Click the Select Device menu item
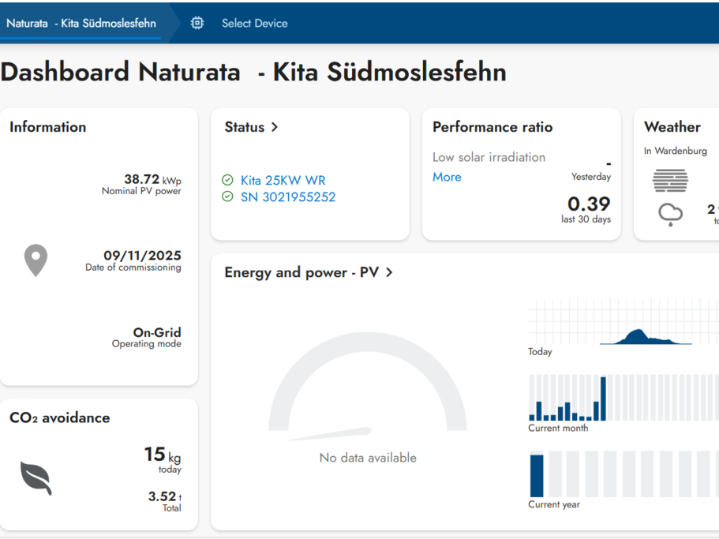(x=254, y=24)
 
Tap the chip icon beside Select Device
(x=197, y=23)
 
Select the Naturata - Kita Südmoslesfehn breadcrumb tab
(x=81, y=24)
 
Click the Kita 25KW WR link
(x=283, y=180)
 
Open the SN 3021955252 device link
(x=288, y=197)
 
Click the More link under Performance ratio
(x=447, y=177)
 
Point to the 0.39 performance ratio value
(x=589, y=204)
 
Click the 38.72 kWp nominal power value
(x=152, y=179)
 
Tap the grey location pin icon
(x=36, y=260)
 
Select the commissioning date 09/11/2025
(x=142, y=255)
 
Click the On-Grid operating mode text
(x=157, y=332)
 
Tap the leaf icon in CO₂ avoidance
(x=36, y=478)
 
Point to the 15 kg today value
(x=163, y=455)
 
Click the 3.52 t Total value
(x=165, y=496)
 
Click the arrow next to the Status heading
(x=275, y=127)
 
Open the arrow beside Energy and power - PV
(x=389, y=272)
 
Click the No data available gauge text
(x=368, y=458)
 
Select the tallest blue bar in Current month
(x=604, y=399)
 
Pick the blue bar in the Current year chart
(x=537, y=476)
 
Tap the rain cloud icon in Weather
(x=670, y=214)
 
